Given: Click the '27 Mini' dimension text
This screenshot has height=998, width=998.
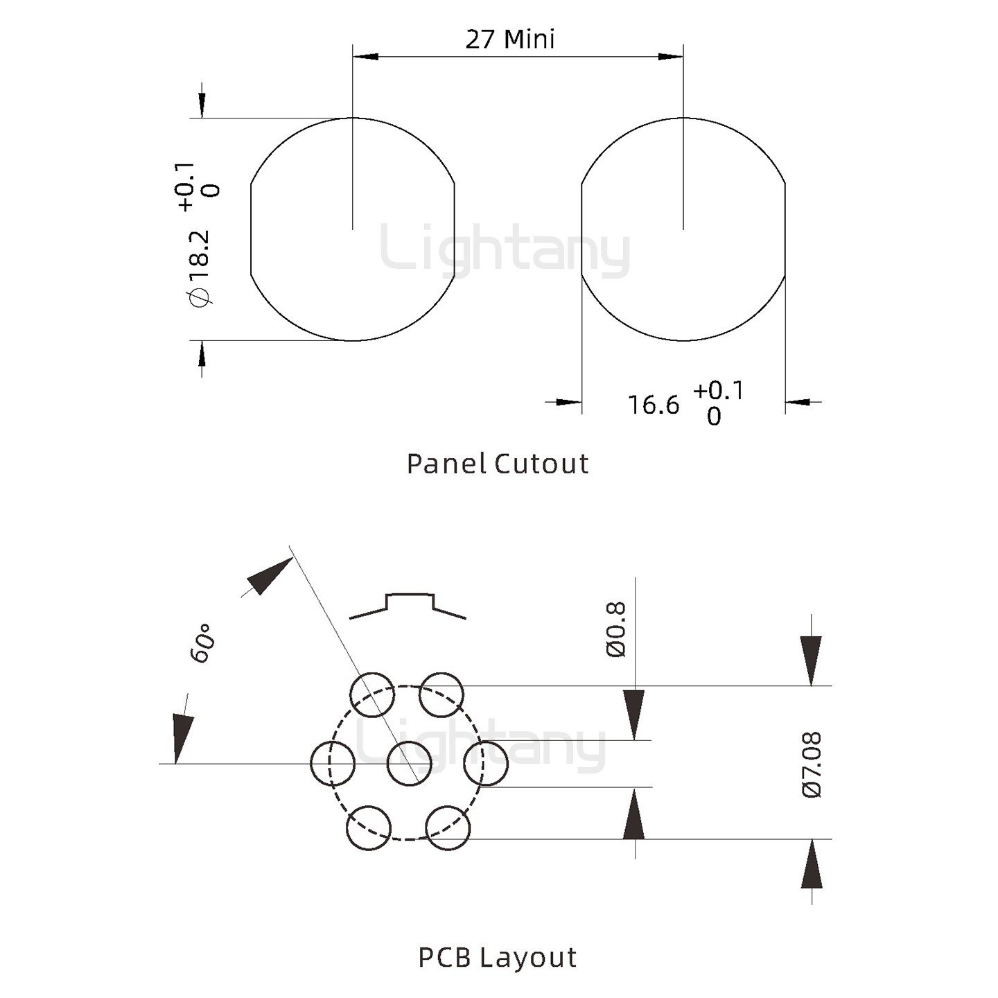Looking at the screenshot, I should pos(510,40).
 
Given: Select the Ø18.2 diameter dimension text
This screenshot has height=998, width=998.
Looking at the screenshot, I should pos(199,268).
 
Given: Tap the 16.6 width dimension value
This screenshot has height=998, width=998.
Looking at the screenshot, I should pos(654,405).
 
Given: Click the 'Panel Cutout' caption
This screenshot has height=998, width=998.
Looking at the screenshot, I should pos(498,464).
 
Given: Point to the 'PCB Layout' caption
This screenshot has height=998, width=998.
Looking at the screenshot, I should pos(498,957).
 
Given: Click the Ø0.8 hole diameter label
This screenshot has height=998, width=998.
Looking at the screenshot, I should pos(616,629).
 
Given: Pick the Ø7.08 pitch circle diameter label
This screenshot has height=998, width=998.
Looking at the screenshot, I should pos(812,764).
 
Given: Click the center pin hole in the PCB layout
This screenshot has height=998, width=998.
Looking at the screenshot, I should pos(409,763).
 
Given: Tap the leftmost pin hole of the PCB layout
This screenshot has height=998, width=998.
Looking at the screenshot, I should pos(333,763).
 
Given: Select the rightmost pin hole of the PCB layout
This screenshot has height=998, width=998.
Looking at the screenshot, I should pos(486,763).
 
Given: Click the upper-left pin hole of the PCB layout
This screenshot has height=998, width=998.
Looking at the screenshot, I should pos(371,694).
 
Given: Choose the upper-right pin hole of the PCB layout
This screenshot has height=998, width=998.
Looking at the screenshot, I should pos(442,694).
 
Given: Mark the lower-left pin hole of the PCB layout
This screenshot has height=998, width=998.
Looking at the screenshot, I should pos(369,828).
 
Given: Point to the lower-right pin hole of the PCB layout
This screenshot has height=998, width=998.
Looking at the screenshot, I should pos(448,828).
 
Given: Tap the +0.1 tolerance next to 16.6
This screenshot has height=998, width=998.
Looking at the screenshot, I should pos(718,391).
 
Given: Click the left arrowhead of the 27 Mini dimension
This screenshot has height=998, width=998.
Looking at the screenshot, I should pos(365,56).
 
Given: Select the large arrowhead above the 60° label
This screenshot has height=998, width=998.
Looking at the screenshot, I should pos(270,576).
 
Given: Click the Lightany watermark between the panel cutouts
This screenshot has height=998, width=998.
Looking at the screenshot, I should pos(505,248).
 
